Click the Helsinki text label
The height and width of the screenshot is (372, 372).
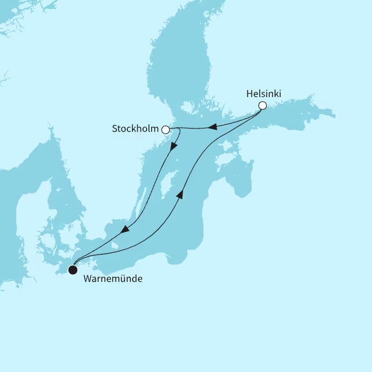coord(264,93)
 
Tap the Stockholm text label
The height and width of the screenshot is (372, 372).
coord(135,129)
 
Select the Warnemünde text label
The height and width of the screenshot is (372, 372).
coord(113,279)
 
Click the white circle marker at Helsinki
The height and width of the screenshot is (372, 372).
coord(262,106)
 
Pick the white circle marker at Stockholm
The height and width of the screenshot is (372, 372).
coord(166,130)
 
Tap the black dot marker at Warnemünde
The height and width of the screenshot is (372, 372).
coord(73,270)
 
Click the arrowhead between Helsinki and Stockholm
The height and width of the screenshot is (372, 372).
coord(213,127)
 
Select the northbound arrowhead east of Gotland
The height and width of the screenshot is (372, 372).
coord(180,195)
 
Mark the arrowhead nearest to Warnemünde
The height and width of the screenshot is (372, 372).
coord(124,230)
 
